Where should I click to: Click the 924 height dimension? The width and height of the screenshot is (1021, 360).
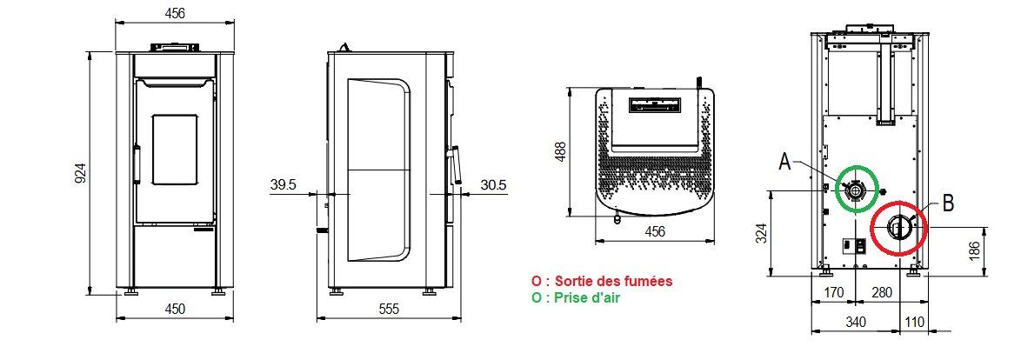pos(80,172)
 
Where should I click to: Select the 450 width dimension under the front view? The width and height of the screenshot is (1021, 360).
pos(174,309)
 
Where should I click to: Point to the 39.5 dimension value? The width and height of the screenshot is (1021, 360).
pos(284,185)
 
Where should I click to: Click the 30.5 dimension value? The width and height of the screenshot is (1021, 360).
pos(494,185)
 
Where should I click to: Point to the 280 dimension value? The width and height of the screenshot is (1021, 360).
pos(881,292)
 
